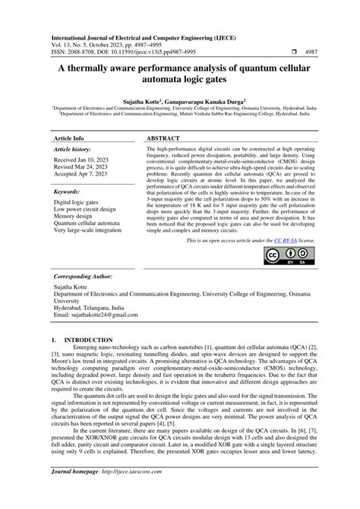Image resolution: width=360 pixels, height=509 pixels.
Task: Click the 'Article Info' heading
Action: point(68,140)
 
